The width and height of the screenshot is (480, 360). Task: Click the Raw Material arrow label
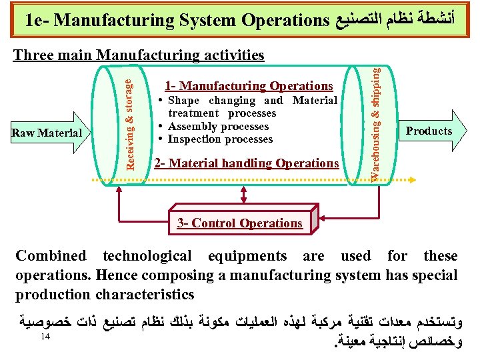click(x=46, y=133)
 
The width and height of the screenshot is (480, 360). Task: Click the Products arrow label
click(x=429, y=131)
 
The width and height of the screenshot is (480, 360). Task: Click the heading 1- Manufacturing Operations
click(x=249, y=86)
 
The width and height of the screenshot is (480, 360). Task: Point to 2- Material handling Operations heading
click(x=246, y=163)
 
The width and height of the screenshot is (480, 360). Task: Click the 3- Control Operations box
click(x=240, y=223)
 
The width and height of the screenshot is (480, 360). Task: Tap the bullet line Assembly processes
click(x=218, y=127)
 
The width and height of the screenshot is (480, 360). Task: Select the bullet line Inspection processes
click(x=220, y=139)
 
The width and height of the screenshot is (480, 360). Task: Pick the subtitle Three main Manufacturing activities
click(x=139, y=55)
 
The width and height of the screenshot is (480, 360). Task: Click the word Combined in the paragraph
click(x=51, y=256)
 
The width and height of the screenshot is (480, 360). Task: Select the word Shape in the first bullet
click(x=183, y=101)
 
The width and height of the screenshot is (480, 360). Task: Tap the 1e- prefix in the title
click(x=37, y=20)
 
